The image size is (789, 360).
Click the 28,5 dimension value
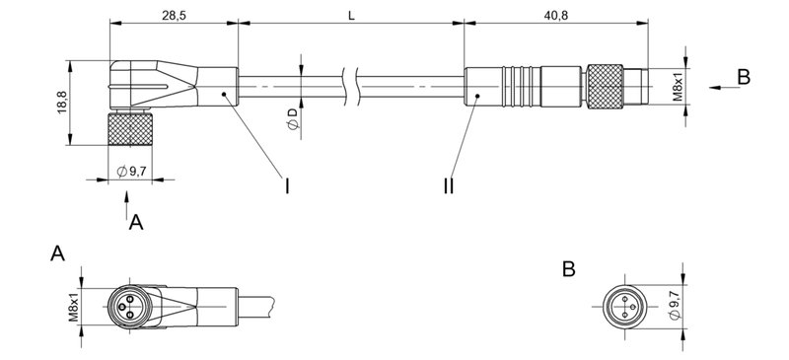[173, 14]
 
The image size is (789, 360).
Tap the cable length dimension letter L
[351, 14]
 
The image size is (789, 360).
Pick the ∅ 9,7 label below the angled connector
[132, 172]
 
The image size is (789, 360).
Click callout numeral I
[287, 184]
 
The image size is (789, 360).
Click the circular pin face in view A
[125, 303]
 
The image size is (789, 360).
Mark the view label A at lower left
[58, 255]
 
